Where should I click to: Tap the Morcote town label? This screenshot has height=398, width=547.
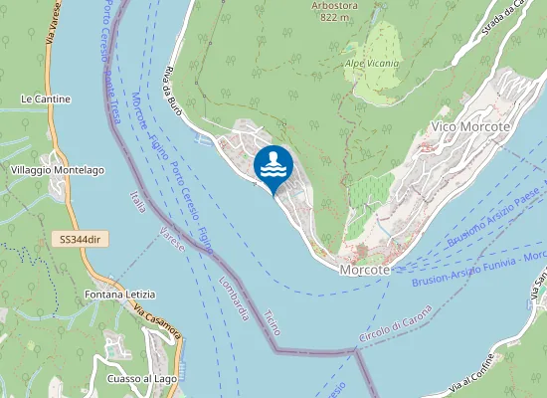[364, 270]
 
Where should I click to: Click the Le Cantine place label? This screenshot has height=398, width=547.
[46, 99]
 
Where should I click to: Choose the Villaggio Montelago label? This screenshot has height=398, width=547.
[58, 170]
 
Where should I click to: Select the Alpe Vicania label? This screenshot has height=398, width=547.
[372, 64]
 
